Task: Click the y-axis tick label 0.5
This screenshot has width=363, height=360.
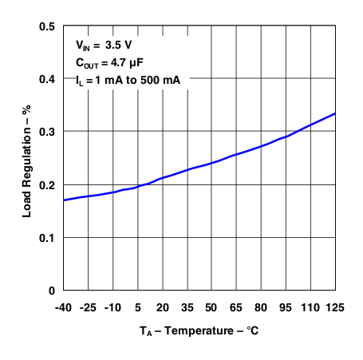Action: point(47,27)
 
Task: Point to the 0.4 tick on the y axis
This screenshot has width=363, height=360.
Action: point(47,80)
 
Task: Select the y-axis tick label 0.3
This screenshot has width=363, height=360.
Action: point(47,133)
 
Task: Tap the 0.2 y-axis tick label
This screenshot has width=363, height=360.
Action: point(47,185)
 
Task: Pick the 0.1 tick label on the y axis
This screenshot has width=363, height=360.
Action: point(47,238)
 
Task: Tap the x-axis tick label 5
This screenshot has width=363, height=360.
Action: point(137,307)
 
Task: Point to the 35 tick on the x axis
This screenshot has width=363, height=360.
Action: point(187,307)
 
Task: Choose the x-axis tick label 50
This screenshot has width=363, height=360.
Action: point(211,307)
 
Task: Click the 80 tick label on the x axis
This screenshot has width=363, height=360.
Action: point(261,307)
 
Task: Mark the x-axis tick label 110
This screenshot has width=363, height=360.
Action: point(310,307)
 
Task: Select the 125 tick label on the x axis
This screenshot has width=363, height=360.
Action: point(335,307)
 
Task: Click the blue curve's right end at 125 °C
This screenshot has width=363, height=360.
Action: point(334,113)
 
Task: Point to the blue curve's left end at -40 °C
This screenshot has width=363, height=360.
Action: point(63,200)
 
